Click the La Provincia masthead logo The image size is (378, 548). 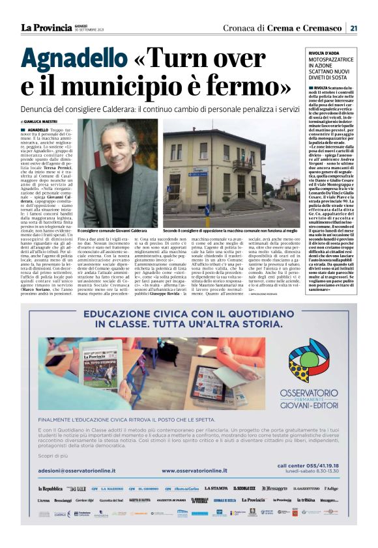click(44, 27)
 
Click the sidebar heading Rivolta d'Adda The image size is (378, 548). click(325, 53)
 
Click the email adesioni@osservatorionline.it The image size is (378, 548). click(77, 488)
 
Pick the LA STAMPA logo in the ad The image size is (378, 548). click(216, 506)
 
